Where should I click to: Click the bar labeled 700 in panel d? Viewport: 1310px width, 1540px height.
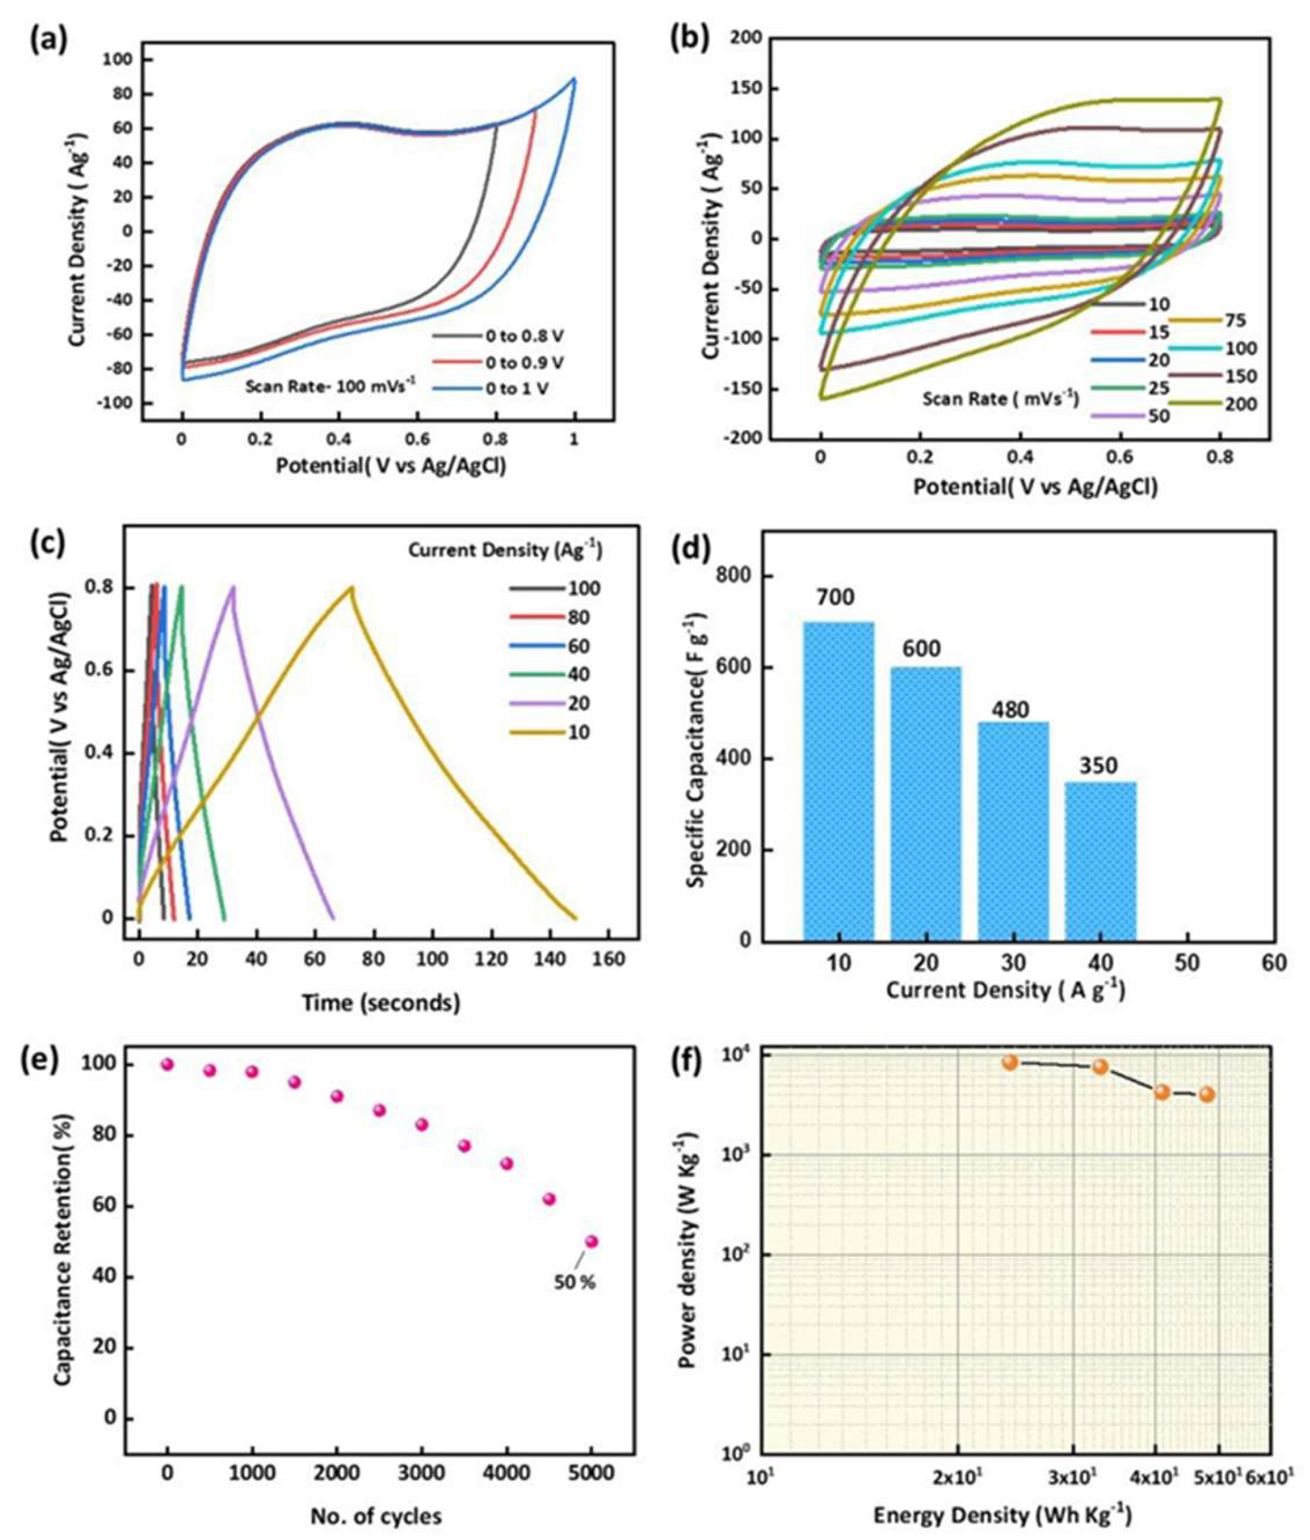pos(839,780)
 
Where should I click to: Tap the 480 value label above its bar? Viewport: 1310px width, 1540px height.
pos(1013,709)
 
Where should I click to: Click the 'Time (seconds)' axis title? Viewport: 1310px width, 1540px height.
pos(381,1003)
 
